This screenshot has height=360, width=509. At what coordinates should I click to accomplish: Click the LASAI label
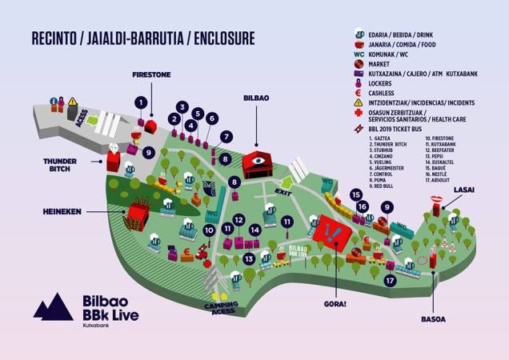click(x=464, y=189)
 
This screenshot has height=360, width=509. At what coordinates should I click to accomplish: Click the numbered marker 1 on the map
click(x=142, y=102)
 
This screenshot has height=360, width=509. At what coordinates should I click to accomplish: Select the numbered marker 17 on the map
click(x=390, y=281)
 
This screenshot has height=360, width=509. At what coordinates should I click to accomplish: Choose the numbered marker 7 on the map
click(x=226, y=136)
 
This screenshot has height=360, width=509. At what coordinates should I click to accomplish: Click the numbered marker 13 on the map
click(x=250, y=258)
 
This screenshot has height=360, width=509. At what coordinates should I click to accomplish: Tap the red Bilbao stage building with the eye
click(x=257, y=165)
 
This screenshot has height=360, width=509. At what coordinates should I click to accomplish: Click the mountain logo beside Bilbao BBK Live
click(x=53, y=307)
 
